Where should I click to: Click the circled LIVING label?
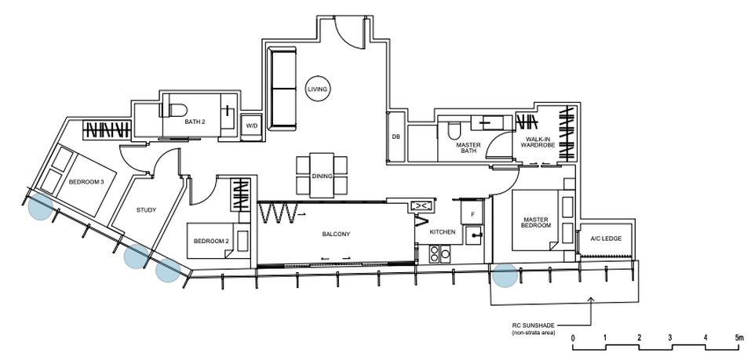point(317,89)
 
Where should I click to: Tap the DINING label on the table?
point(322,176)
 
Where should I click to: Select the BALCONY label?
point(336,235)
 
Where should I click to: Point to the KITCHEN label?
point(443,232)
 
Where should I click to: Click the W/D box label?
point(252,126)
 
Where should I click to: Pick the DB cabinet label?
point(396,136)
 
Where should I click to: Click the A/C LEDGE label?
point(606,238)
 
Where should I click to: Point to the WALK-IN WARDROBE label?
point(541,141)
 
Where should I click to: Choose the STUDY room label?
point(147,210)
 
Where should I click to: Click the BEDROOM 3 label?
point(86,182)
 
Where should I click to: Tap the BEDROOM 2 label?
point(211,241)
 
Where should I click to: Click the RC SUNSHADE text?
point(529,325)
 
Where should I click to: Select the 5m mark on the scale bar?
point(739,338)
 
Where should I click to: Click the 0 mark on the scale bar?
point(573,338)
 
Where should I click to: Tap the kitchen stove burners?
point(440,253)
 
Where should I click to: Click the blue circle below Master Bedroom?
point(505,275)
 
